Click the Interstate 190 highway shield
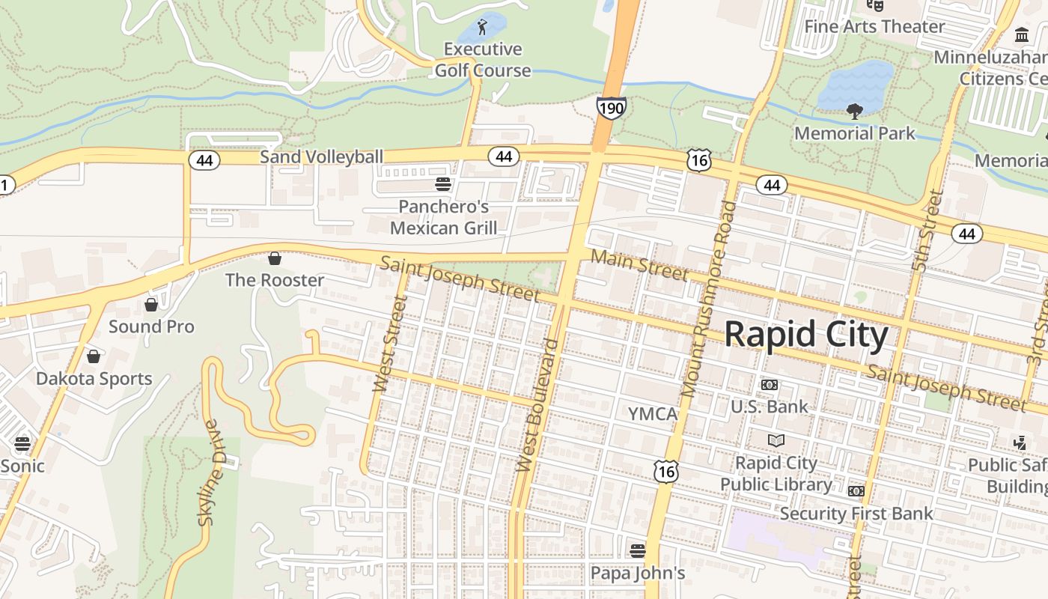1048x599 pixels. tap(611, 109)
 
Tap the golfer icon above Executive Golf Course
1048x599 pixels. tap(482, 28)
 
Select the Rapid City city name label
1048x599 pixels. tap(806, 335)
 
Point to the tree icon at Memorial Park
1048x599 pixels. tap(854, 112)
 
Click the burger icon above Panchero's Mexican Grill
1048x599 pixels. tap(443, 184)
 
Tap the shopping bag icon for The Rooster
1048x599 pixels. tap(275, 258)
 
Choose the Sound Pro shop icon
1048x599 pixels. tap(151, 305)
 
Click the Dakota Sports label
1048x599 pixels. tap(94, 379)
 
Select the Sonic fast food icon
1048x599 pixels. tap(22, 443)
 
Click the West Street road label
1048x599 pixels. tap(389, 344)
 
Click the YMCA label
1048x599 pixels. tap(652, 414)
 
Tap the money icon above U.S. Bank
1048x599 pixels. tap(769, 385)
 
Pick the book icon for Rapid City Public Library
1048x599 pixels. tap(776, 440)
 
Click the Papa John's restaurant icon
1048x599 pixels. tap(638, 551)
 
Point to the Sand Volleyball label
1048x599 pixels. tap(321, 156)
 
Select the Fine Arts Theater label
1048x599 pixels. tap(874, 27)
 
